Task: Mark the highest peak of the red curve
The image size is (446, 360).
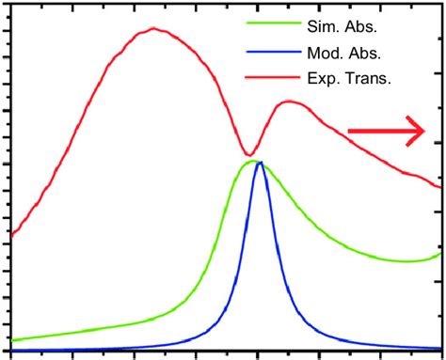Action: point(152,28)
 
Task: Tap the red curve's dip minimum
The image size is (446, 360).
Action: point(248,155)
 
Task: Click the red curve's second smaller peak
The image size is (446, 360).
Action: point(289,101)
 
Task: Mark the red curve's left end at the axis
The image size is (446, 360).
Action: point(10,234)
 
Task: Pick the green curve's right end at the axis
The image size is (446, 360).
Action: point(439,253)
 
